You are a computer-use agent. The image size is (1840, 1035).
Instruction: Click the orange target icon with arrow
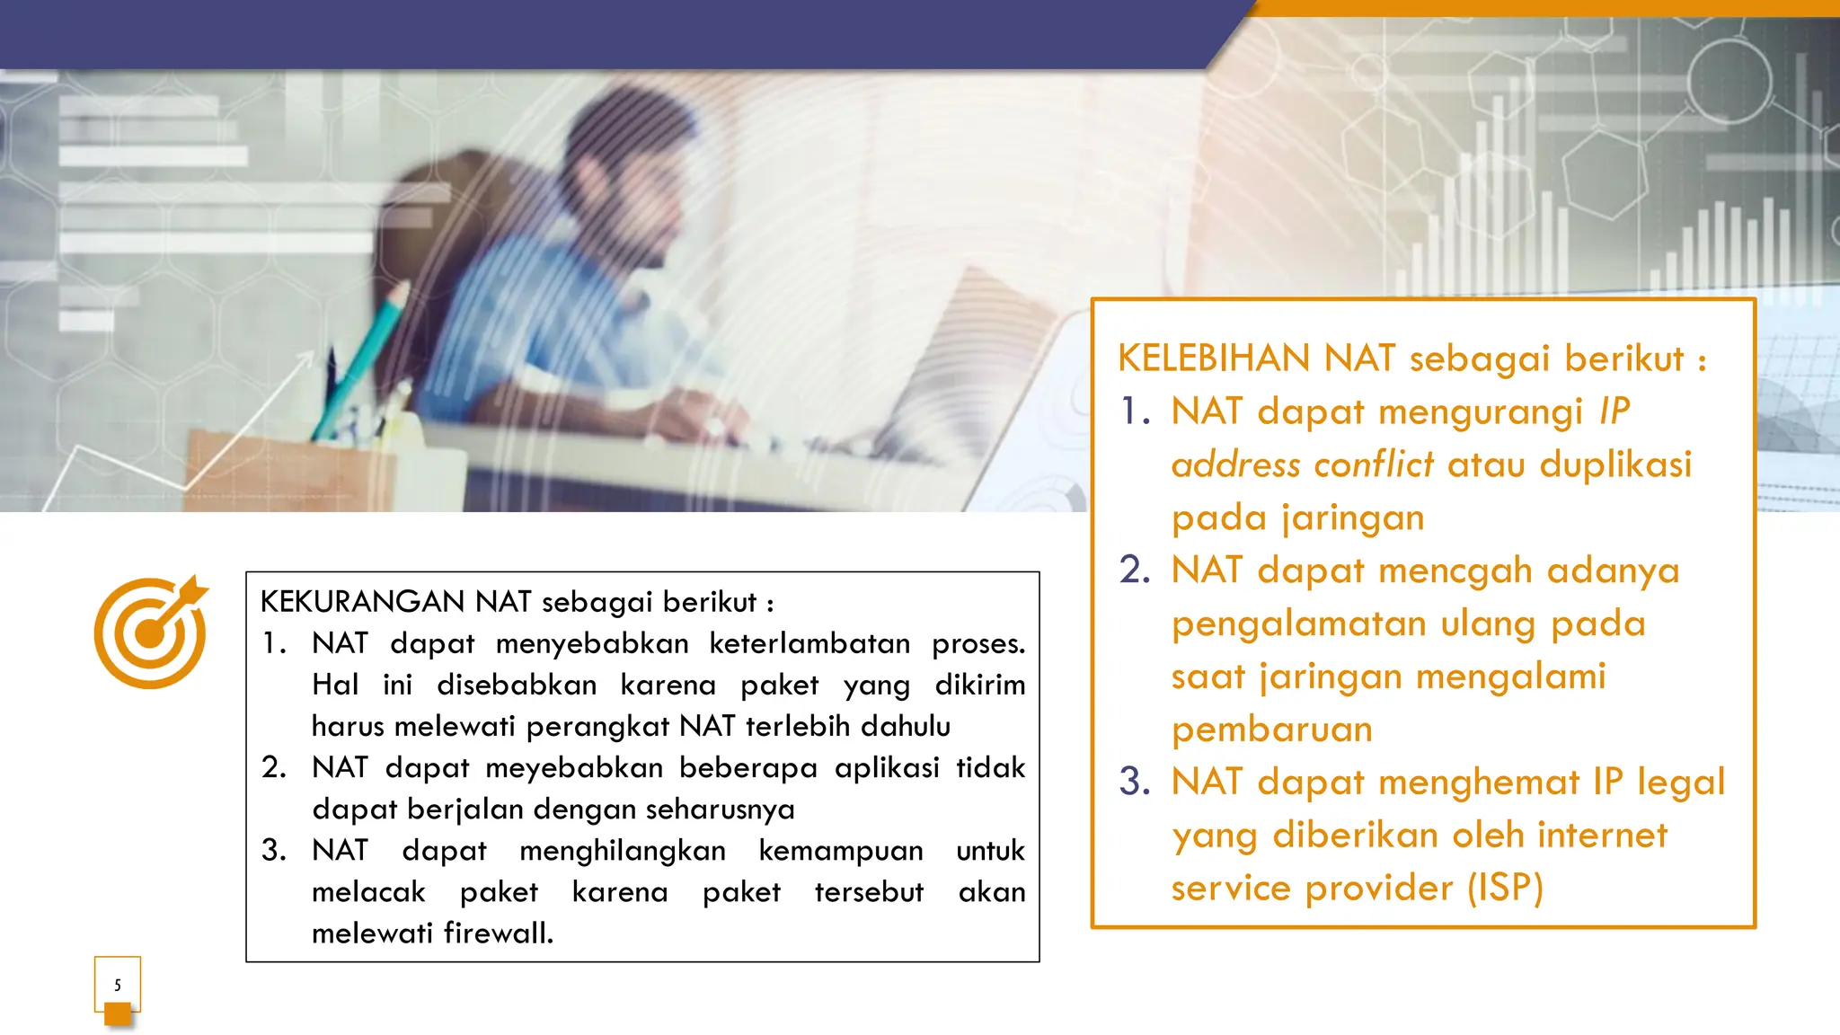(150, 632)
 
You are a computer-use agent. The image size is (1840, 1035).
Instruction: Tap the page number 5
(118, 985)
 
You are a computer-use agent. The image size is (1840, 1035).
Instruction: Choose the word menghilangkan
(622, 850)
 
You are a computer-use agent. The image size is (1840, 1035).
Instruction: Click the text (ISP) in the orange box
(1505, 888)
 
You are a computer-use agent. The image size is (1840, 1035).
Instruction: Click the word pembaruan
(1271, 729)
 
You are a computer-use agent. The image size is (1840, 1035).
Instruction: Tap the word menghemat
(1478, 782)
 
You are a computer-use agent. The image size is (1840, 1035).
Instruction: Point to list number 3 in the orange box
(1135, 782)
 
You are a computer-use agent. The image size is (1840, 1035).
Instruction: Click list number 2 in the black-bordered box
(273, 767)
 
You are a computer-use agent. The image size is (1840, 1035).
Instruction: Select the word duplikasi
(1614, 464)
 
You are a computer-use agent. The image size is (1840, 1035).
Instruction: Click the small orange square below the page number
(118, 1014)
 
